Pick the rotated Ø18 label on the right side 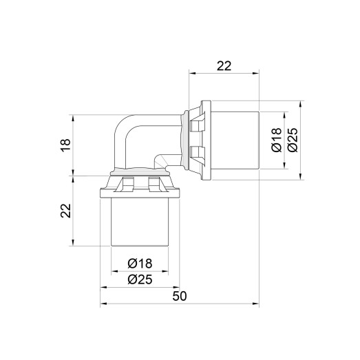point(274,139)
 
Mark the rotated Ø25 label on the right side point(291,139)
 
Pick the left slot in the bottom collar point(128,184)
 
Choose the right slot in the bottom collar point(153,184)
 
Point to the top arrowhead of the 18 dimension point(74,116)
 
